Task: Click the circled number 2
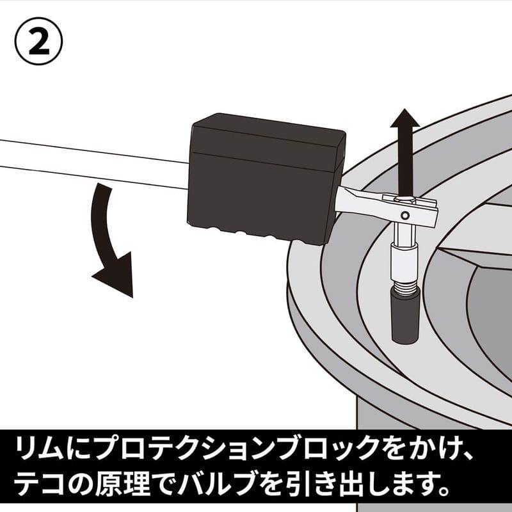[x=40, y=40]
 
